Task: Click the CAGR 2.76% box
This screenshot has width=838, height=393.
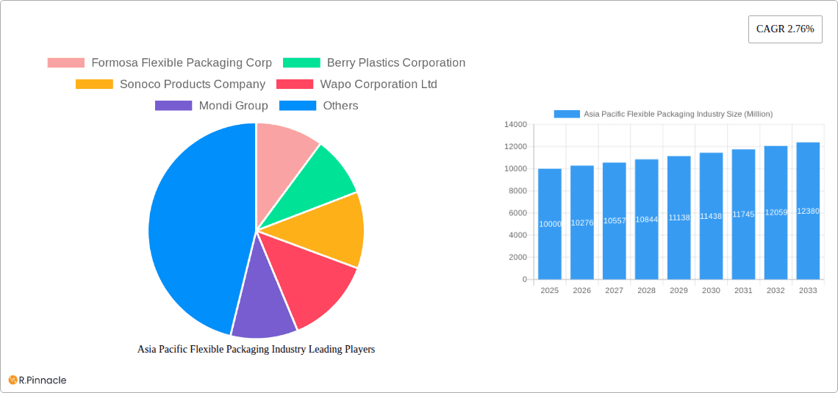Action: click(x=784, y=29)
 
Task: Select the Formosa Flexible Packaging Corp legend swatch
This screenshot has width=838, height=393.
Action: click(x=65, y=63)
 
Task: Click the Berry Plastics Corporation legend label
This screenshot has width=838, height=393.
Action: click(x=395, y=63)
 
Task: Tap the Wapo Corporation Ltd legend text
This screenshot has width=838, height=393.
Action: click(x=378, y=84)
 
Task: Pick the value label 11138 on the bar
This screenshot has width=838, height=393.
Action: click(x=678, y=218)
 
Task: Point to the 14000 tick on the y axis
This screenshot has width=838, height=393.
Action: click(x=515, y=125)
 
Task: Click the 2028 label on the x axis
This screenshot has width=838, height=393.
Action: click(x=646, y=291)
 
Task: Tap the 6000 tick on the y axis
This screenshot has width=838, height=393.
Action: click(x=517, y=213)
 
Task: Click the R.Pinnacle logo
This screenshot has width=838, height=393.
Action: click(x=37, y=380)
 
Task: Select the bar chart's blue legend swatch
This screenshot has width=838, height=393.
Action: click(x=566, y=114)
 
